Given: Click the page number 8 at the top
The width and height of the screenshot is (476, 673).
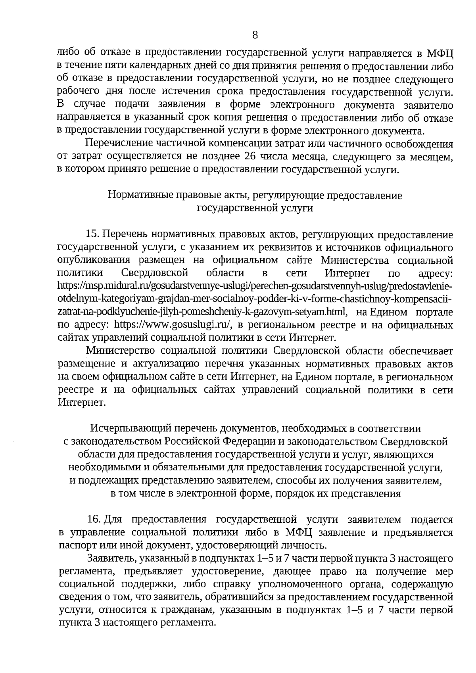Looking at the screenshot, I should point(255,35).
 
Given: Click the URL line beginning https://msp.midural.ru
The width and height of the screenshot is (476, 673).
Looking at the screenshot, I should point(254,286).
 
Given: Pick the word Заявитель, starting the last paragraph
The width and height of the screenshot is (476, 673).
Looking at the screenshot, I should point(107,558).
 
